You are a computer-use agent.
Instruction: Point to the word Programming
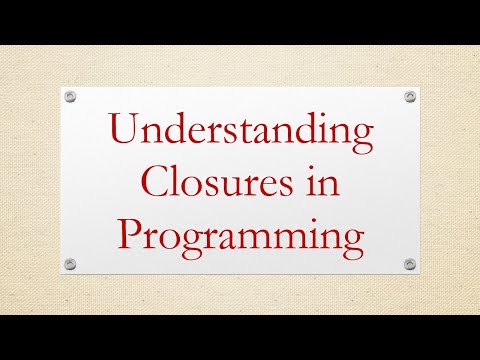point(240,237)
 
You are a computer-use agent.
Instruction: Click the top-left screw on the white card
point(70,96)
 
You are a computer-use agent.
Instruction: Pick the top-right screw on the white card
point(410,96)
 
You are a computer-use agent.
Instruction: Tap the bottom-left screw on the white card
point(70,264)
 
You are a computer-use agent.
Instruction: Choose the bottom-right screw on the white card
point(410,264)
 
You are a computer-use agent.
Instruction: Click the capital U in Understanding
point(125,133)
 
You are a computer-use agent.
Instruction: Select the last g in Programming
point(351,245)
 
